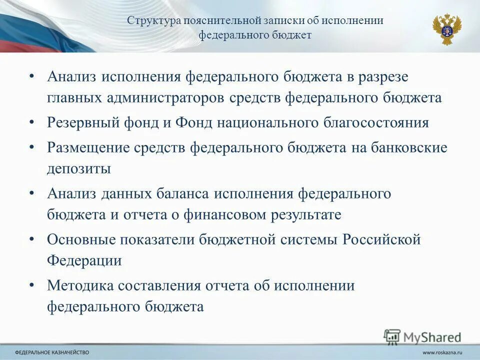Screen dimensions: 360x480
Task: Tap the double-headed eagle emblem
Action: [446, 29]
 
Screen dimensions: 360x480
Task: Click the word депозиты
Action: [79, 168]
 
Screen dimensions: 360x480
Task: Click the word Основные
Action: [81, 239]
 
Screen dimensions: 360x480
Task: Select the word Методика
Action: [80, 285]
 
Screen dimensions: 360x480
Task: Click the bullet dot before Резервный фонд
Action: [32, 121]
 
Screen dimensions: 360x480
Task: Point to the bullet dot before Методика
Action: [32, 284]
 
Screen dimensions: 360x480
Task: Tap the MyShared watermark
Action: [423, 336]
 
